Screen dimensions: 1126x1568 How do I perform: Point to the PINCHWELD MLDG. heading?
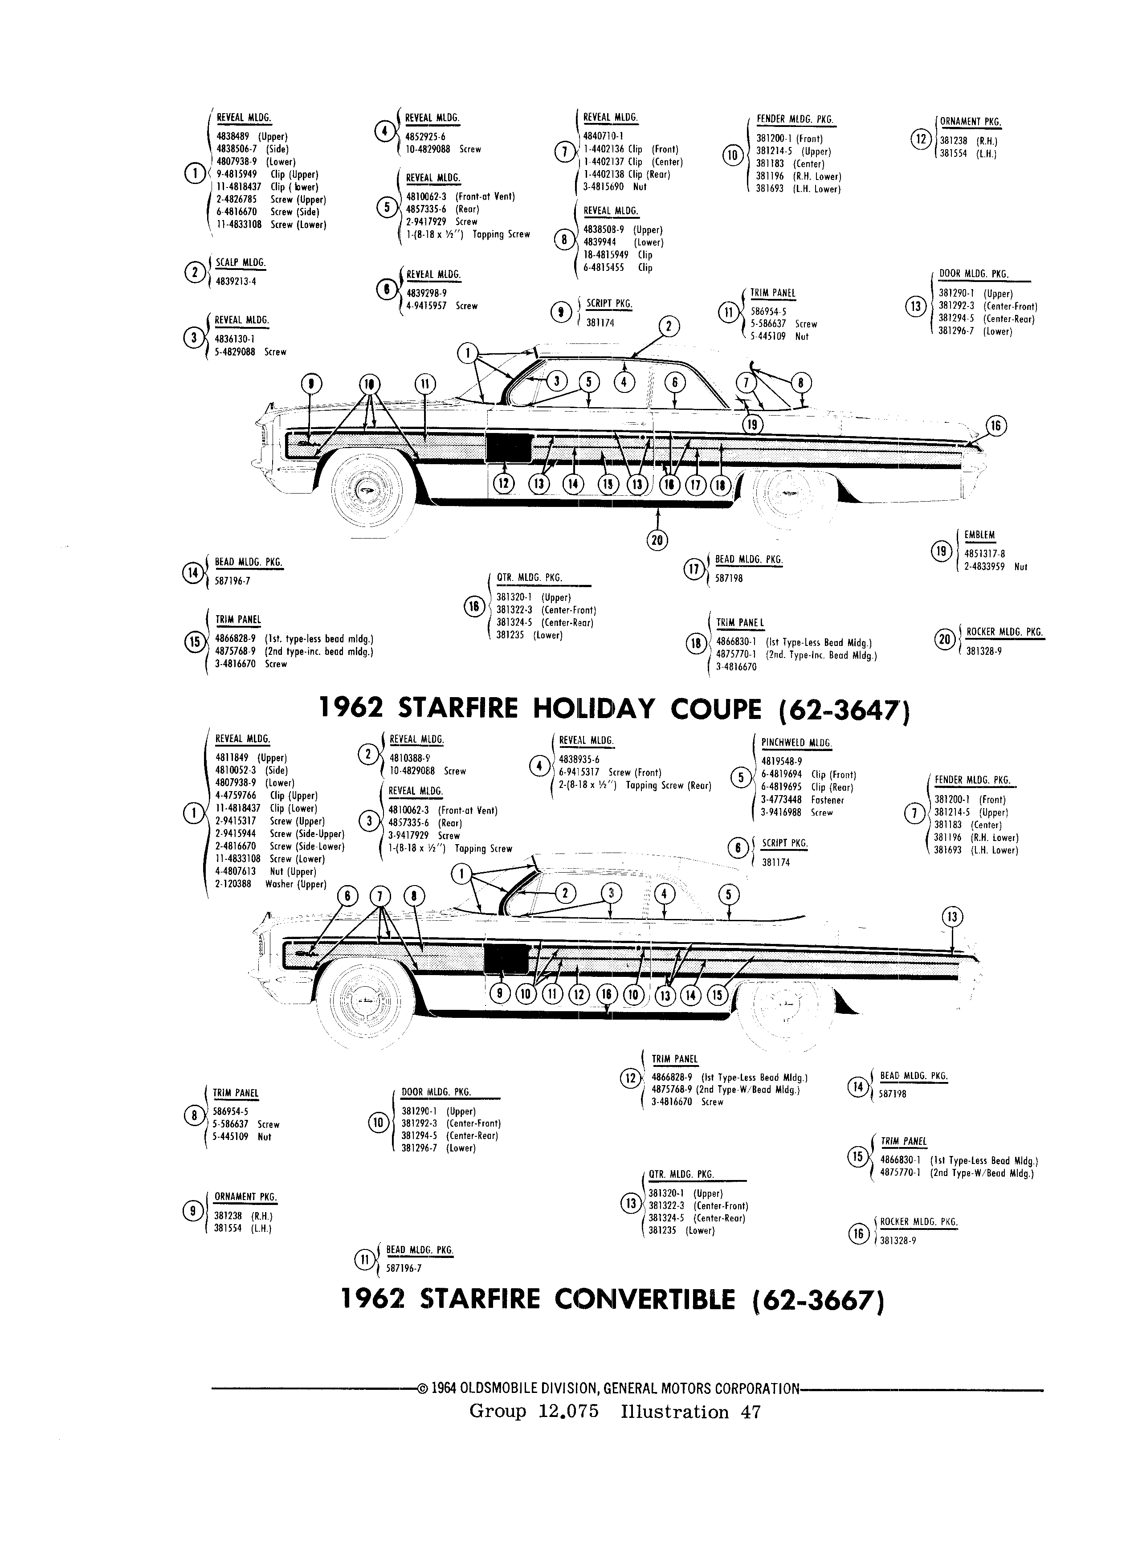(x=796, y=743)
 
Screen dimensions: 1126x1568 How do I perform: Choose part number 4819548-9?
(x=782, y=762)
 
